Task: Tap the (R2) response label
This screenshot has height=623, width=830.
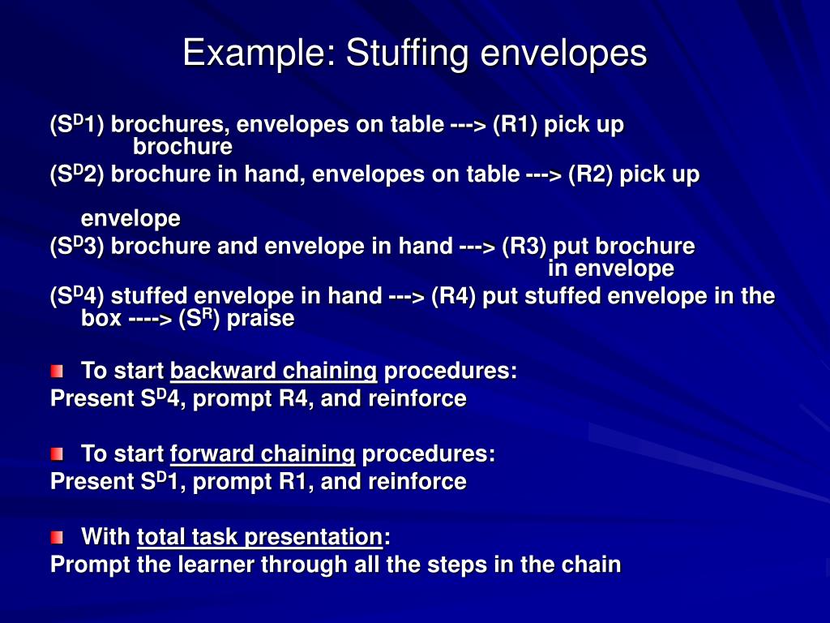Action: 591,174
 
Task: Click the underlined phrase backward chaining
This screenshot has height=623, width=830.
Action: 274,372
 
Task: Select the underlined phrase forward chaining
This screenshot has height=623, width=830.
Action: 263,453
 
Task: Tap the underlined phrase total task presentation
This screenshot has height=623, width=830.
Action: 259,537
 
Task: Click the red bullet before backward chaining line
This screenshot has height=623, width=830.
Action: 56,372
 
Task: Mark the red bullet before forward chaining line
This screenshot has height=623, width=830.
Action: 56,454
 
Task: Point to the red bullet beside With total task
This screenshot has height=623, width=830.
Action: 56,537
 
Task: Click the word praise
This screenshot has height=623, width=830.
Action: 260,318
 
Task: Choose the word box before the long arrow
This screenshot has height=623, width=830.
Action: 101,318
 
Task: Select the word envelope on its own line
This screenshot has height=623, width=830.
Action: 130,219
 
